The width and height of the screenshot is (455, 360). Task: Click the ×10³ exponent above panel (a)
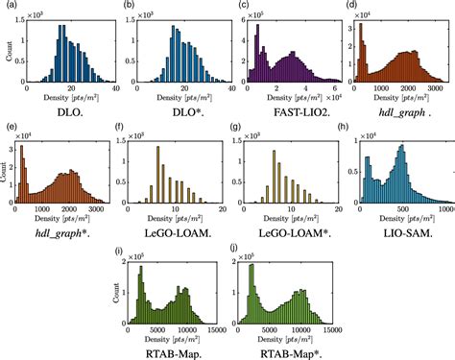point(36,15)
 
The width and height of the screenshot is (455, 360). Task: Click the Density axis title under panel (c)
point(285,101)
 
